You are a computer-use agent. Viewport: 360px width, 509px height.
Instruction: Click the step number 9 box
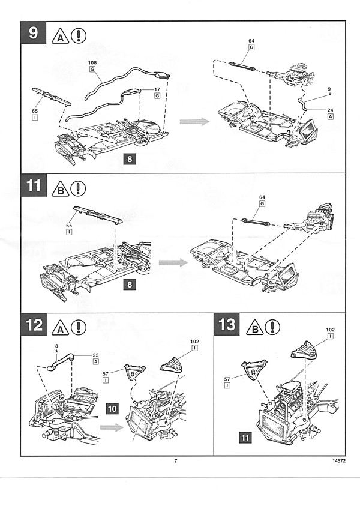[x=34, y=34]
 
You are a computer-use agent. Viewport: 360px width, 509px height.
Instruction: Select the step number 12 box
[x=34, y=327]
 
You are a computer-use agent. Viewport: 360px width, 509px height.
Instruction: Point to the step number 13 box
[x=228, y=327]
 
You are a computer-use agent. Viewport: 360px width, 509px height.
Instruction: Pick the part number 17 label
[x=158, y=90]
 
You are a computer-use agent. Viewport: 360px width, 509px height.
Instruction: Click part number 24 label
[x=331, y=110]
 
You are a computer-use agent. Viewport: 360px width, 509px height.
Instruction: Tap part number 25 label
[x=96, y=355]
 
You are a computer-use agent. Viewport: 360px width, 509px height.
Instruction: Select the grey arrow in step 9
[x=194, y=122]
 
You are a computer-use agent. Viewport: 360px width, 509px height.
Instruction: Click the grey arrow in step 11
[x=172, y=262]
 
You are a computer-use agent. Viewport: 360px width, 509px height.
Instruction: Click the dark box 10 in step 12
[x=112, y=408]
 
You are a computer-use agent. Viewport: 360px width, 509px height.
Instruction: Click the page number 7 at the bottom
[x=176, y=461]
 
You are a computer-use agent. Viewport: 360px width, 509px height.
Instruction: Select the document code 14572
[x=338, y=462]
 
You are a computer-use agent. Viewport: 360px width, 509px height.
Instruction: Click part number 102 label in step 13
[x=330, y=330]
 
